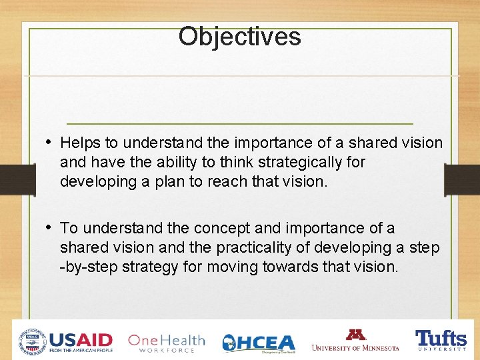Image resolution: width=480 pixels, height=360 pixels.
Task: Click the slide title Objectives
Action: click(239, 36)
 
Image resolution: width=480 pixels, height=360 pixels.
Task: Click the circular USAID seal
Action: click(32, 341)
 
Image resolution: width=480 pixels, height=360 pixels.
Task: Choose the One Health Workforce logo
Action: click(166, 342)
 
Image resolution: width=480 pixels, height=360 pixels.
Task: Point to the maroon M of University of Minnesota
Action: click(355, 335)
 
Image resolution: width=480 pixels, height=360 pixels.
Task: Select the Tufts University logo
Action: click(441, 339)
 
